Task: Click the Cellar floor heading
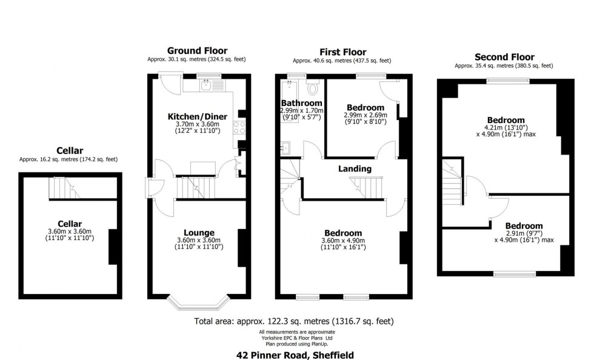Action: click(70, 151)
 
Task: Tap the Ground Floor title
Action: click(198, 51)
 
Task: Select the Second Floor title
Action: click(504, 57)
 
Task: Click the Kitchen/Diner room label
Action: click(198, 117)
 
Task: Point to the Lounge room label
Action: click(199, 233)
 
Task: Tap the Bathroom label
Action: click(302, 103)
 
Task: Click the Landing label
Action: click(355, 168)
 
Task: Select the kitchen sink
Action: click(207, 85)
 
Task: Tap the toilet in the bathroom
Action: click(313, 87)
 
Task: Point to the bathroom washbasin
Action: click(285, 148)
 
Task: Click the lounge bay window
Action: click(198, 302)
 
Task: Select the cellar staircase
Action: click(64, 188)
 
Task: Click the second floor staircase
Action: click(453, 182)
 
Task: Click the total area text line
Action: click(294, 321)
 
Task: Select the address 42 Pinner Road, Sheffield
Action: click(295, 355)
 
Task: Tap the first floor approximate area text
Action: click(342, 61)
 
